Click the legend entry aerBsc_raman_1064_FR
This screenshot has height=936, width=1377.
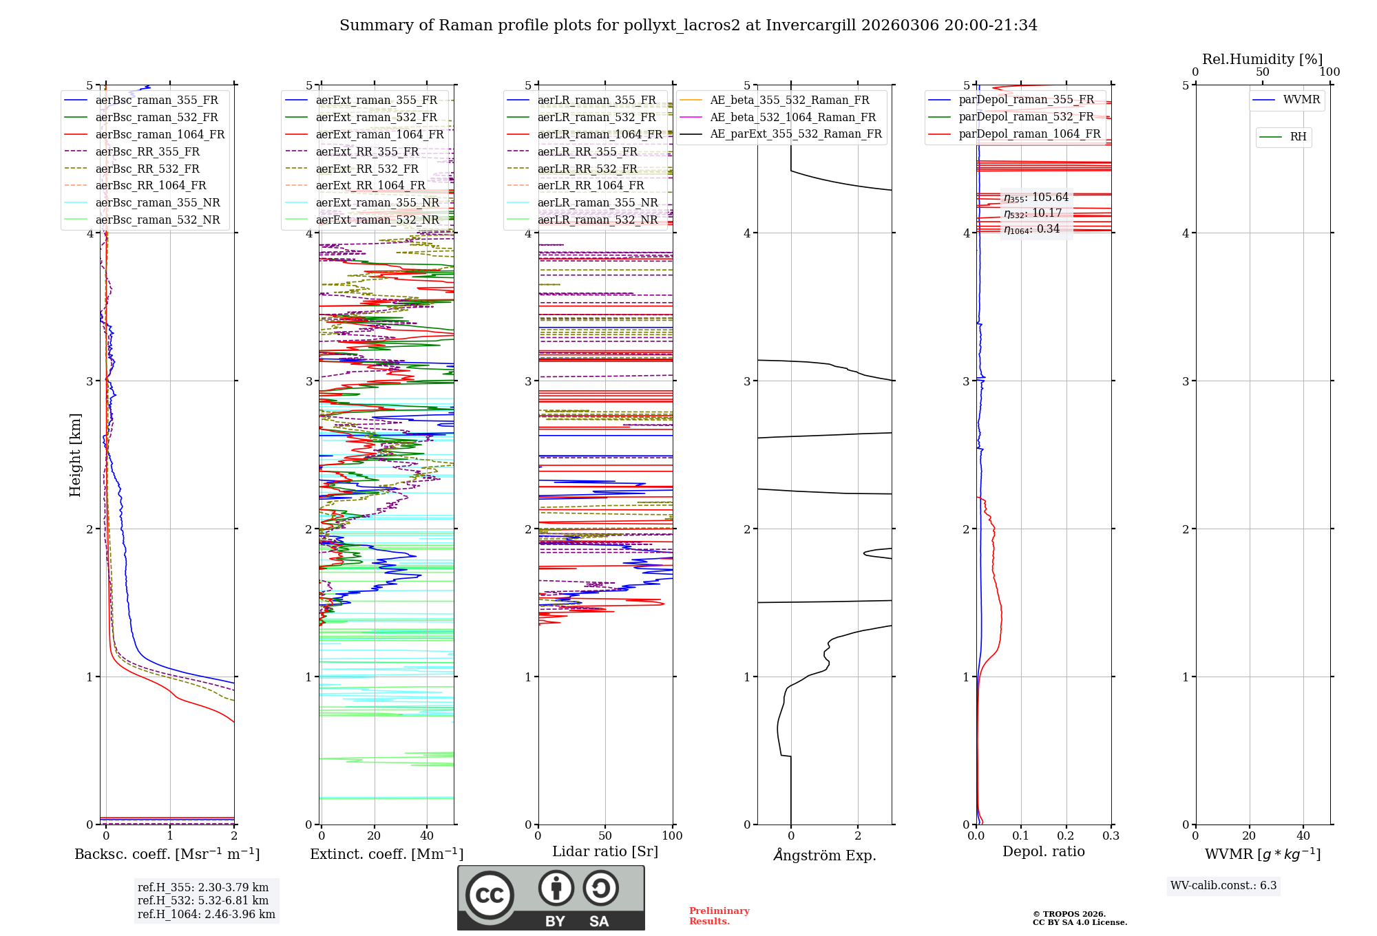pyautogui.click(x=160, y=134)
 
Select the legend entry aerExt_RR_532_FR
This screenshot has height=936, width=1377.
pyautogui.click(x=367, y=169)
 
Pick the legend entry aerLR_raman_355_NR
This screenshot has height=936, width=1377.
pyautogui.click(x=598, y=202)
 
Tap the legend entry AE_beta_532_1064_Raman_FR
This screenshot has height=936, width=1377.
pyautogui.click(x=792, y=117)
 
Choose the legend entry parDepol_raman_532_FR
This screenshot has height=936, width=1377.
pyautogui.click(x=1026, y=116)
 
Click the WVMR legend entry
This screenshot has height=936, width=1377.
pyautogui.click(x=1301, y=100)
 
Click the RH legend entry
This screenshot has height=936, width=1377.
pyautogui.click(x=1298, y=137)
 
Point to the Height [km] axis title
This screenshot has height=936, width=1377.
pyautogui.click(x=75, y=455)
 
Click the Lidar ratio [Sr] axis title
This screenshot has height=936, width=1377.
pyautogui.click(x=605, y=851)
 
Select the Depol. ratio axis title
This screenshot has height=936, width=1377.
pyautogui.click(x=1043, y=851)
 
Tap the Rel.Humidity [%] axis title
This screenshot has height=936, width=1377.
pyautogui.click(x=1262, y=59)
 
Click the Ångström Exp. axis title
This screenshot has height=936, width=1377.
pyautogui.click(x=825, y=855)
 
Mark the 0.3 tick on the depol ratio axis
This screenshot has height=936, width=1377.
pyautogui.click(x=1111, y=836)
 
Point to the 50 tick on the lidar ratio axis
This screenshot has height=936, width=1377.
pyautogui.click(x=605, y=836)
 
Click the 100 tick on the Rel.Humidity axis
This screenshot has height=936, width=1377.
pyautogui.click(x=1329, y=72)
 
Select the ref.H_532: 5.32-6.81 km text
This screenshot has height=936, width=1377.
pyautogui.click(x=203, y=900)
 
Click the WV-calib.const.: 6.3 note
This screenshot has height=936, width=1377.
pyautogui.click(x=1223, y=885)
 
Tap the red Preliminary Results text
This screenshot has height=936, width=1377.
pyautogui.click(x=719, y=915)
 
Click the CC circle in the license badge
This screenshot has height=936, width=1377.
pyautogui.click(x=490, y=895)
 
